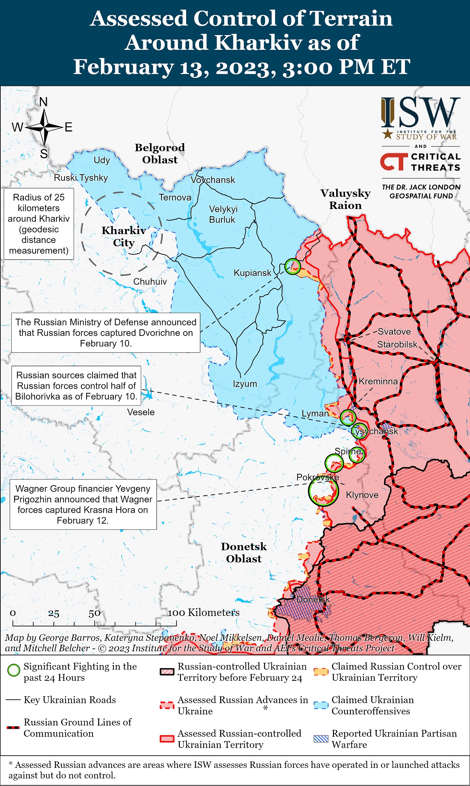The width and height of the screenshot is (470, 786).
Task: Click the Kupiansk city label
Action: click(x=252, y=273)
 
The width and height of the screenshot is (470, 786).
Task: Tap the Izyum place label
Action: click(x=245, y=384)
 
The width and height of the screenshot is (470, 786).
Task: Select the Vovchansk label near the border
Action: click(x=213, y=180)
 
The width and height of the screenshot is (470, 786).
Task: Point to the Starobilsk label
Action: click(x=397, y=344)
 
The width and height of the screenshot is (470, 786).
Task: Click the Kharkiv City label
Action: click(x=123, y=236)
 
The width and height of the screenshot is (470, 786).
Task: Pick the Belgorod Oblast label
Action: click(x=160, y=154)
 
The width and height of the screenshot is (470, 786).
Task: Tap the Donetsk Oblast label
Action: click(x=244, y=552)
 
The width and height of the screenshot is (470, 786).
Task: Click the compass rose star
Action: click(x=44, y=127)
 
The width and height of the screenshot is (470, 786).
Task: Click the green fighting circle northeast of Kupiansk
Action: click(x=293, y=266)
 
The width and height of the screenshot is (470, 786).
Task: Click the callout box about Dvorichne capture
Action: click(x=106, y=333)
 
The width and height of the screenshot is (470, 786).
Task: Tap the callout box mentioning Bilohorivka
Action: click(x=76, y=386)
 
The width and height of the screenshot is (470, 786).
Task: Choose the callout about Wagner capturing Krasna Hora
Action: click(x=83, y=504)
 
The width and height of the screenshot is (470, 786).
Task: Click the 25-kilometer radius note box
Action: click(x=39, y=224)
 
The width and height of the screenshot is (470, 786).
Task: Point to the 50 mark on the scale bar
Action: click(x=94, y=613)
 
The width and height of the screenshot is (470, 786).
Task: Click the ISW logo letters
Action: click(x=420, y=112)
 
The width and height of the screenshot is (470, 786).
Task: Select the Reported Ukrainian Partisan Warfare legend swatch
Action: click(x=321, y=739)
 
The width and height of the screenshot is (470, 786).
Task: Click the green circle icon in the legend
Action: click(x=14, y=670)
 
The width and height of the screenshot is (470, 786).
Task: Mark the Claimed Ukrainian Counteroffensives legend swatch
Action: click(x=321, y=704)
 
